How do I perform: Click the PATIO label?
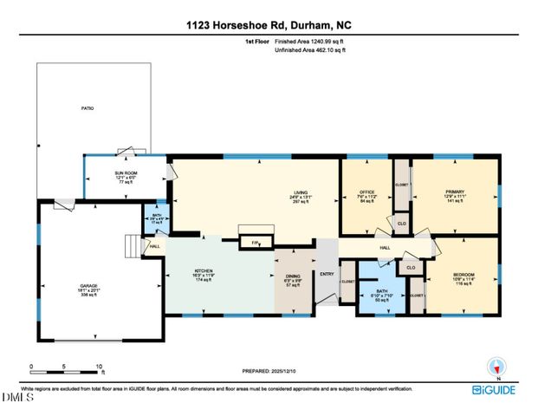click(x=87, y=108)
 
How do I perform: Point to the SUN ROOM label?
click(x=126, y=173)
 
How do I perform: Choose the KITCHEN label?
click(x=203, y=270)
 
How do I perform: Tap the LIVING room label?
click(x=301, y=193)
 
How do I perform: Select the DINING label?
click(x=293, y=276)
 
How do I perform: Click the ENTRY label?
click(x=326, y=275)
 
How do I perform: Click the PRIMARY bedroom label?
click(x=455, y=193)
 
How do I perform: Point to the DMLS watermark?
click(x=17, y=398)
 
